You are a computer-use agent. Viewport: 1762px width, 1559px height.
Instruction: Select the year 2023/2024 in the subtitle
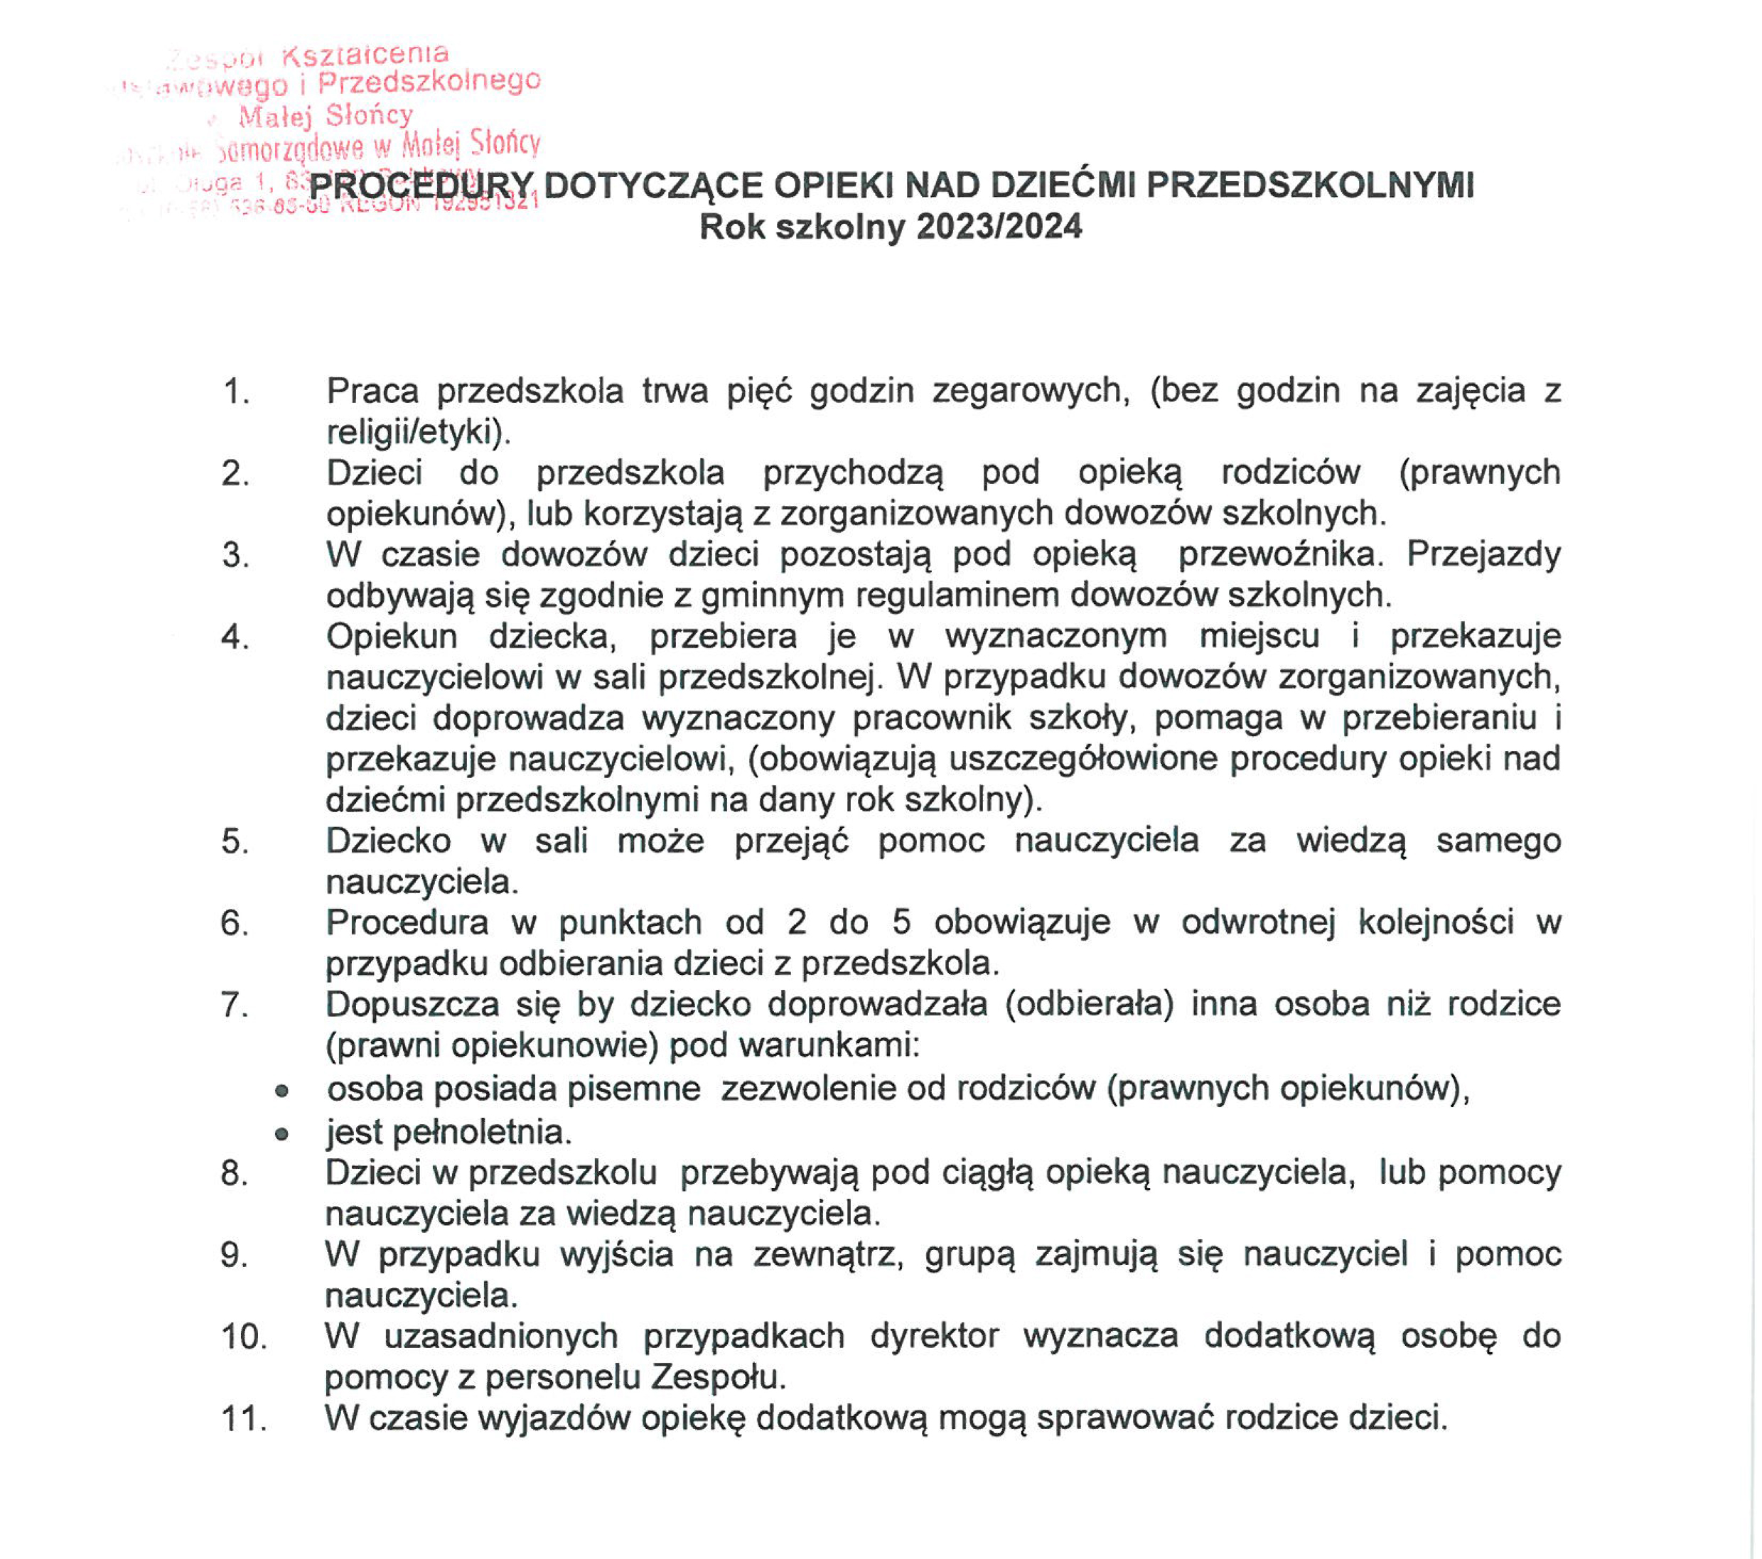999,227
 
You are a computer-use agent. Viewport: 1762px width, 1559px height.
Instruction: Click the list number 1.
235,392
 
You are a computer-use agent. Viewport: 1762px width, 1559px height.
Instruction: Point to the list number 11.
243,1418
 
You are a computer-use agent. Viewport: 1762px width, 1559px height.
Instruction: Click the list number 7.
235,1005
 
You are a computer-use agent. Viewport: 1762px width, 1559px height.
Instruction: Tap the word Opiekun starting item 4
392,636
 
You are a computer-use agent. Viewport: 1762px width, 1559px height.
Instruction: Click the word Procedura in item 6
407,923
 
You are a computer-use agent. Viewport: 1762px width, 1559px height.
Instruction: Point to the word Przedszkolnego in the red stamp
429,82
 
